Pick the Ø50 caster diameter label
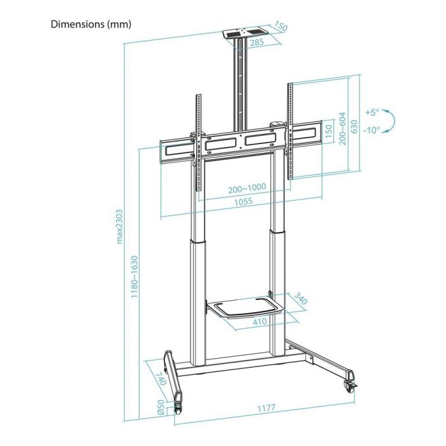click(162, 406)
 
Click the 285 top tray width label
click(240, 43)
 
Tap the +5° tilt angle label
click(373, 112)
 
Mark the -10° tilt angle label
click(373, 130)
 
